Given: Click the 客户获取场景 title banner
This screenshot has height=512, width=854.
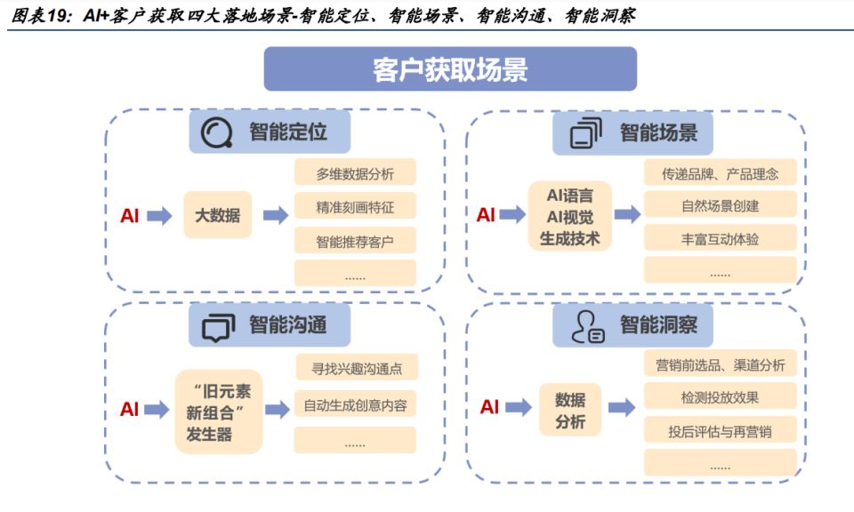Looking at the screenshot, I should coord(450,69).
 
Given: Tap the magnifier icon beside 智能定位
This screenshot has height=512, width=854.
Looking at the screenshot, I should coord(215,132).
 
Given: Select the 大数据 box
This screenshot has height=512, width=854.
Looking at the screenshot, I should coord(217,215).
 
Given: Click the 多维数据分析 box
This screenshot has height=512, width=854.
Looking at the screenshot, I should coord(355,173).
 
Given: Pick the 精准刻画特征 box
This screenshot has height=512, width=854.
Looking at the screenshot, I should coord(355,208).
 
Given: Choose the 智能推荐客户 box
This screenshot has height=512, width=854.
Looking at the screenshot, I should coord(355,241).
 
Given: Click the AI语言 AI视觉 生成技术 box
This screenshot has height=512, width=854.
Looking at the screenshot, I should coord(570,216).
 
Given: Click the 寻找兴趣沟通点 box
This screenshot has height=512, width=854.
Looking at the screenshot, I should coord(355,367).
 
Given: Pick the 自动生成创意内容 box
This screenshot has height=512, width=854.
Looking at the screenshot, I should coord(355,405).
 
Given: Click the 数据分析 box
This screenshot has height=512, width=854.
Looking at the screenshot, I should coord(570,410).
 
